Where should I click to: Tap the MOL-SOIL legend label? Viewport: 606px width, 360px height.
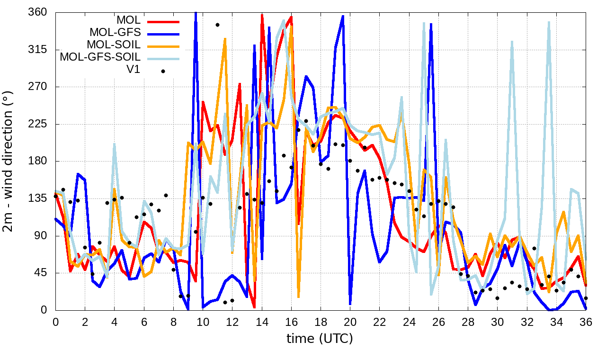[x=114, y=45]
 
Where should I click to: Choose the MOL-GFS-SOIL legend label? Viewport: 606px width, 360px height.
[x=100, y=57]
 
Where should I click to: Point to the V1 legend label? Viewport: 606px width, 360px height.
[x=133, y=70]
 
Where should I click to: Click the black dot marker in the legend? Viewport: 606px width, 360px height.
[x=163, y=71]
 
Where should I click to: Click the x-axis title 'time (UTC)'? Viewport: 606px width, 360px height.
[x=320, y=339]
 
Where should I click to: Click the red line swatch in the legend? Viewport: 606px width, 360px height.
[x=163, y=21]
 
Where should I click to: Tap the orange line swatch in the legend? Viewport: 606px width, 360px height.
[x=163, y=46]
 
